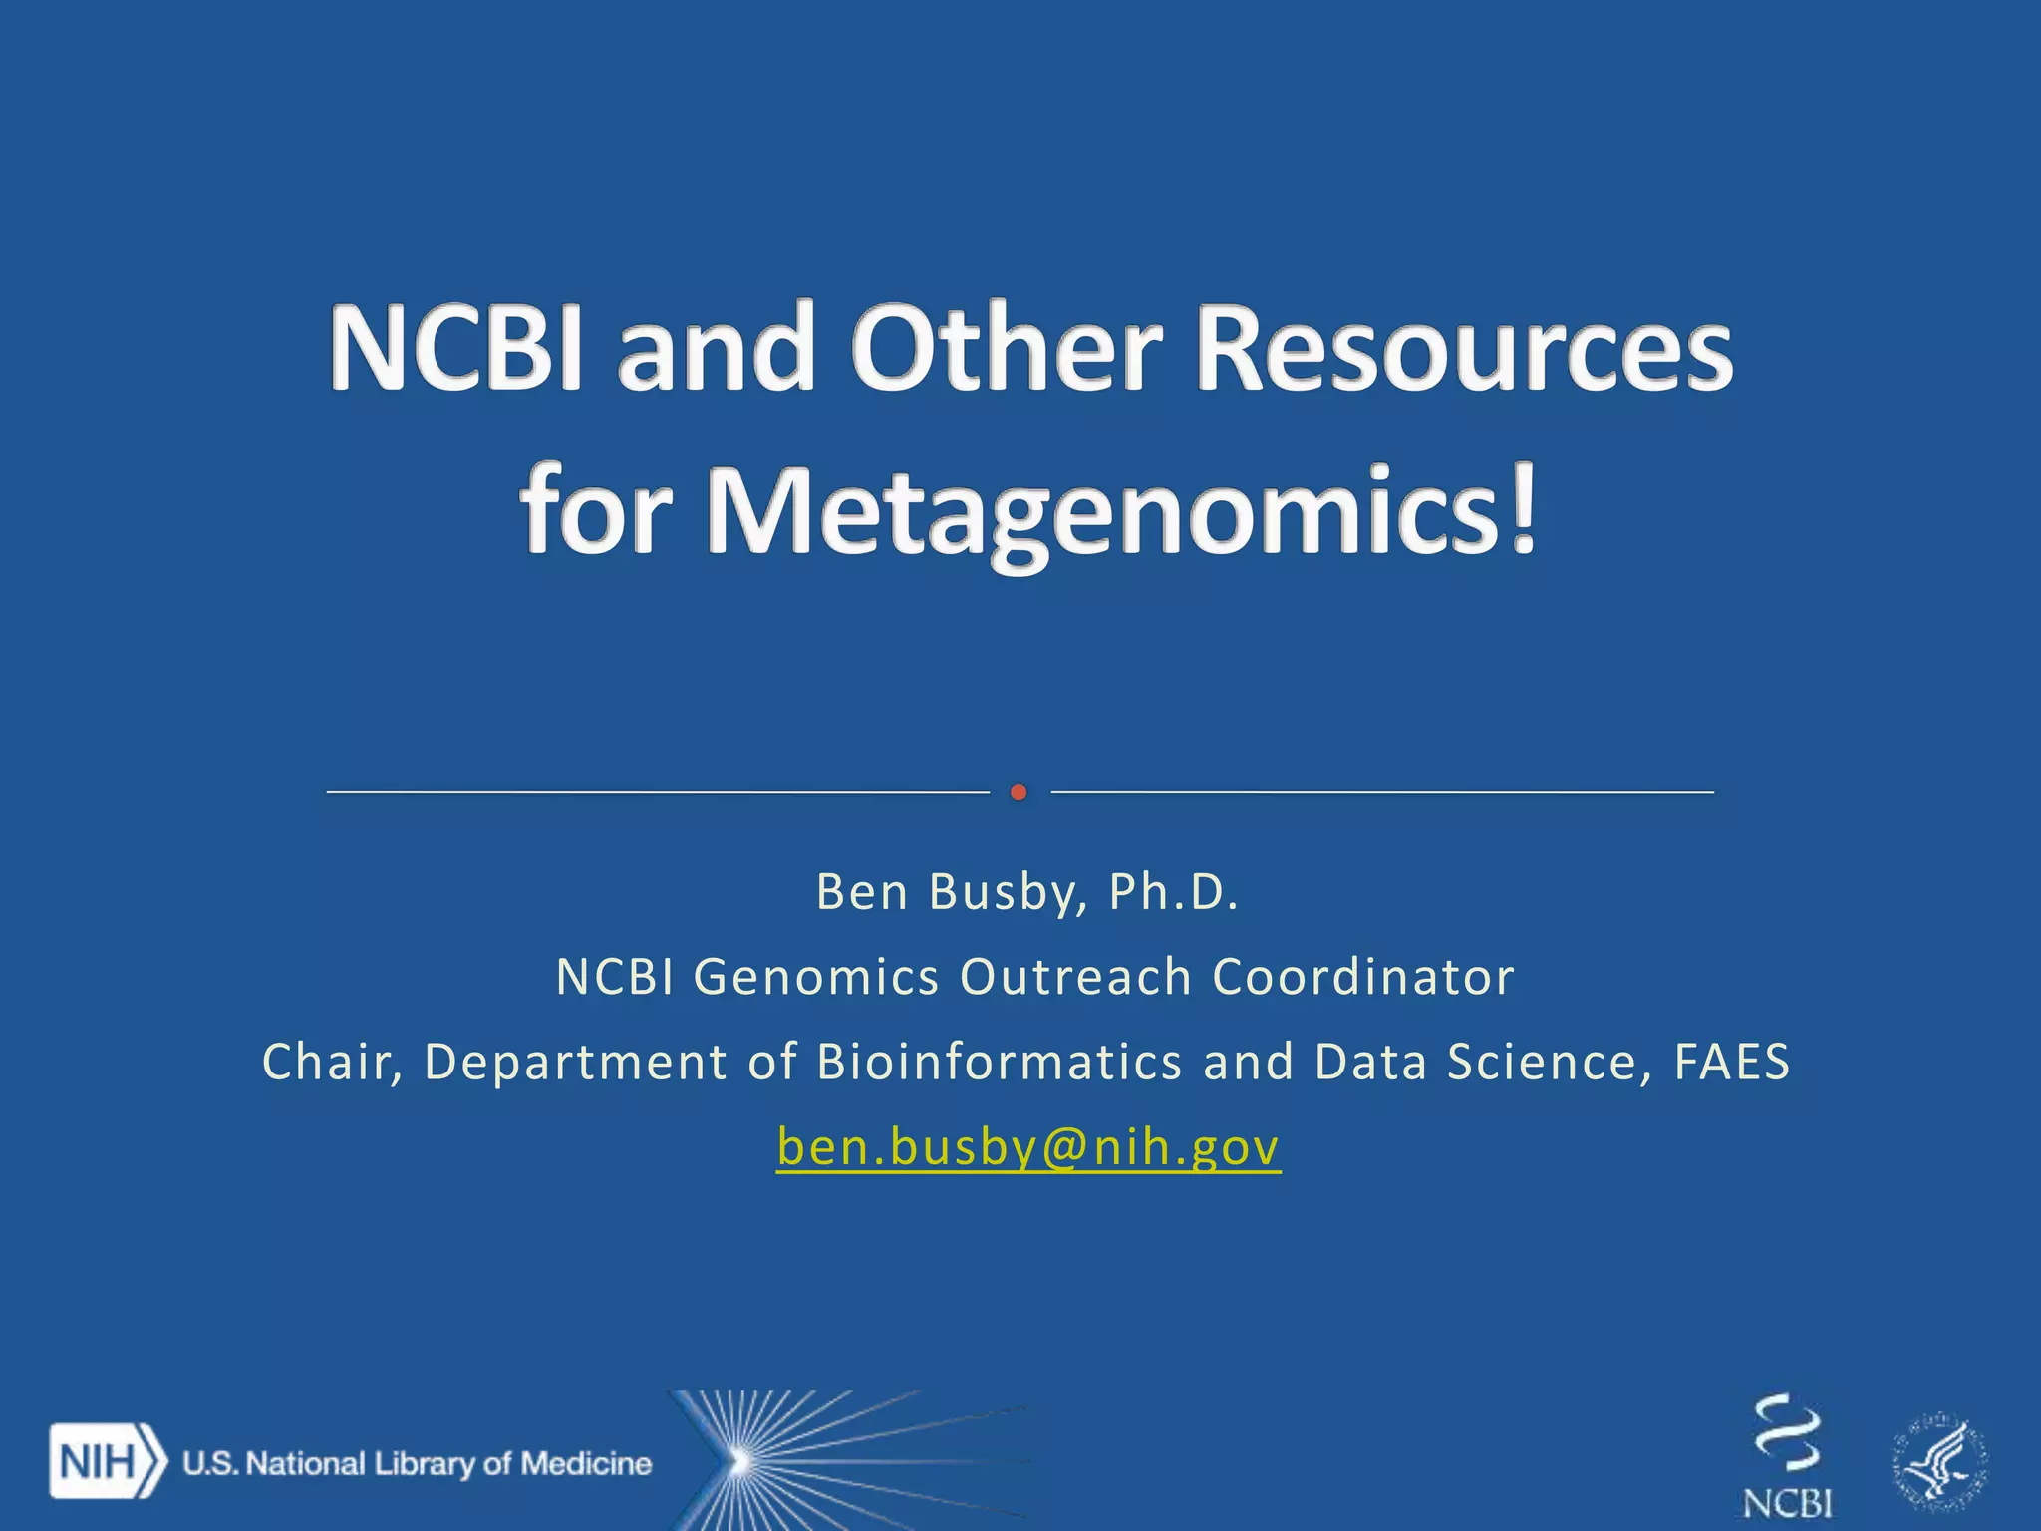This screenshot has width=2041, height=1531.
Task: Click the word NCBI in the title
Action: pyautogui.click(x=456, y=349)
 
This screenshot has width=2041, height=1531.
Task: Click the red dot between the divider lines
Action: pyautogui.click(x=1018, y=792)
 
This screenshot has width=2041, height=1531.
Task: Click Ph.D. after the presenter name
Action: pyautogui.click(x=1174, y=892)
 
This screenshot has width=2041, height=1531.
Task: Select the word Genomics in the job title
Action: pyautogui.click(x=816, y=977)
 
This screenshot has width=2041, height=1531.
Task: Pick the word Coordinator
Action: pyautogui.click(x=1363, y=977)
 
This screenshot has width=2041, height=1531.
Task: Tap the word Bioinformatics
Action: pyautogui.click(x=1000, y=1063)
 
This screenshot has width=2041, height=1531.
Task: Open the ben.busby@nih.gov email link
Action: pyautogui.click(x=1028, y=1148)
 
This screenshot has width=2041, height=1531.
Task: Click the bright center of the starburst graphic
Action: pyautogui.click(x=738, y=1461)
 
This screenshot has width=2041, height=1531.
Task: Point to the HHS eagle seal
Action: pyautogui.click(x=1939, y=1462)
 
